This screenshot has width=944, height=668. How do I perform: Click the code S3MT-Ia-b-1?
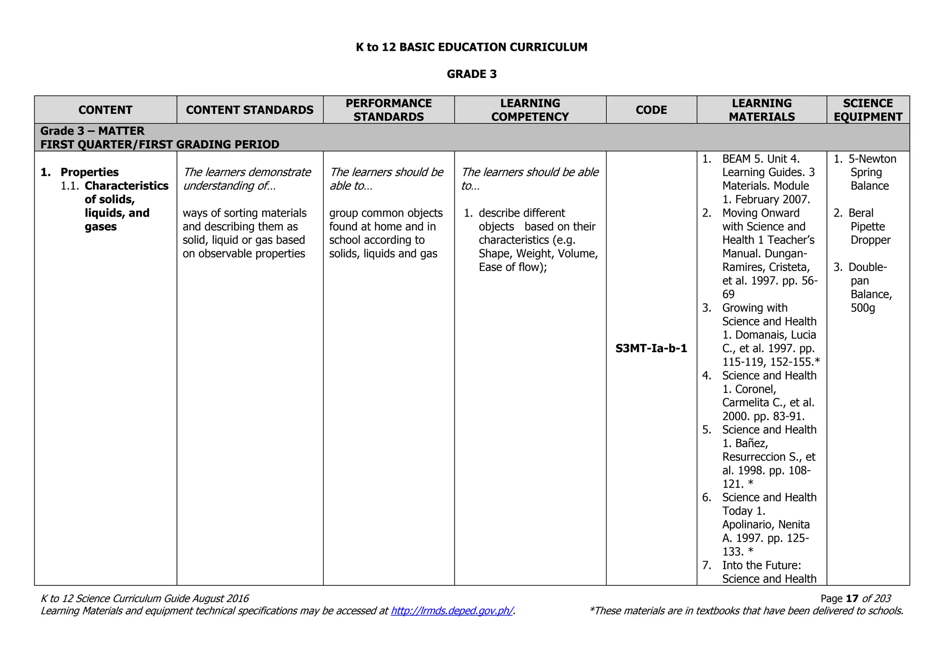click(651, 349)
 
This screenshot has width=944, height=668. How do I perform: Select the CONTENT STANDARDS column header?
click(249, 110)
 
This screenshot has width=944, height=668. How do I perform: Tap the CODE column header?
click(651, 110)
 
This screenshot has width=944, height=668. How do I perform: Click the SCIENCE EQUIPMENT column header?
click(867, 110)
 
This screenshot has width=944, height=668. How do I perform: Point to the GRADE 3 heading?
click(472, 74)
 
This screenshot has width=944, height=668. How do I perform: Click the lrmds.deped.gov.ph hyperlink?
click(452, 611)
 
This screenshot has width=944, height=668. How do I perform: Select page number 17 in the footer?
click(852, 599)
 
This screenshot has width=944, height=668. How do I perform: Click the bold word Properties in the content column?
click(89, 172)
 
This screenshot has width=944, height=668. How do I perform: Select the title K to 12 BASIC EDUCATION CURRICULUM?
click(472, 47)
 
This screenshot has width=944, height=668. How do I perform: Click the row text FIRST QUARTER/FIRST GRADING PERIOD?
click(159, 145)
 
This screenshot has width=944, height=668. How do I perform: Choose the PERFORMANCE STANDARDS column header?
click(389, 110)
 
